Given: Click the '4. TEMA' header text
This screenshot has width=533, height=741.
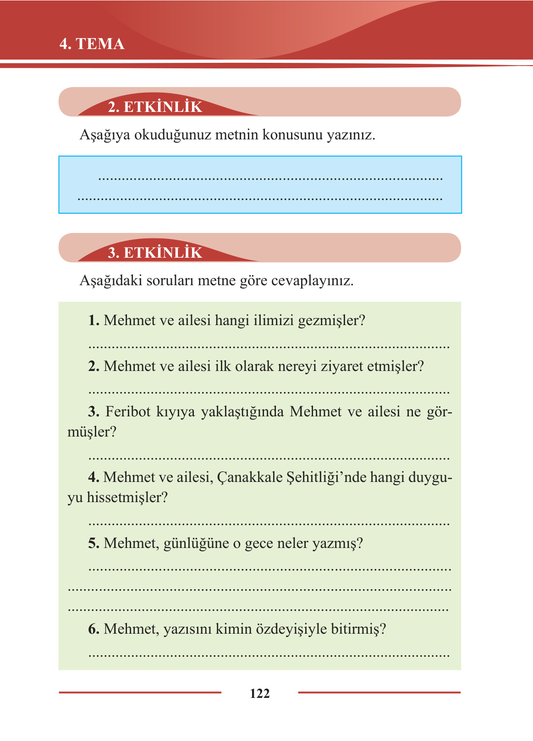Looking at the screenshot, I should tap(92, 44).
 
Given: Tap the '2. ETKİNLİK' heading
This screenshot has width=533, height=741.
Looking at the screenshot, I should tap(155, 107).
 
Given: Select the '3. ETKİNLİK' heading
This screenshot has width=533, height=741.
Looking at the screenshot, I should tap(155, 253).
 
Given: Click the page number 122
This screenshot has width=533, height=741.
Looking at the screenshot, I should tap(260, 693).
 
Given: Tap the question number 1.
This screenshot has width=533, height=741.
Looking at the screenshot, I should tap(93, 321).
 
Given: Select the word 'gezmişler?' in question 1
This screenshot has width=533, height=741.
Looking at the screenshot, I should tap(331, 321).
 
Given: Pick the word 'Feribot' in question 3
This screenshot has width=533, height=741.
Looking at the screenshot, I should tap(128, 412).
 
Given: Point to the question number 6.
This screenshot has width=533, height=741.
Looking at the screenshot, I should tap(93, 629).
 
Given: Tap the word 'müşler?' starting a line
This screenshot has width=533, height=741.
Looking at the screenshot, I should tap(92, 432).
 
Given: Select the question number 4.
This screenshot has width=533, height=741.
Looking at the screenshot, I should tap(93, 477).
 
